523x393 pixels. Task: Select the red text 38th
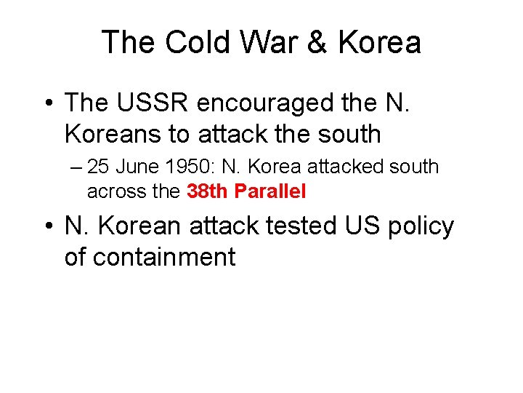[208, 191]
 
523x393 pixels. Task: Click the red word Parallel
[270, 191]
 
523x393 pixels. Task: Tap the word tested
[305, 226]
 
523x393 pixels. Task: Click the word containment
[150, 258]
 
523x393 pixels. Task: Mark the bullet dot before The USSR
[46, 103]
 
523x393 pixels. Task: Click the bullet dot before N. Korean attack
[46, 227]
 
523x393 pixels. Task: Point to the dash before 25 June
[78, 167]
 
